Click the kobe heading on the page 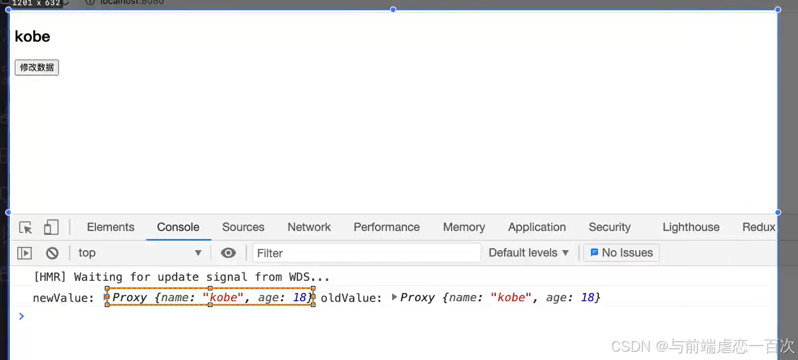pyautogui.click(x=33, y=37)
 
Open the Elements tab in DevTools pyautogui.click(x=110, y=227)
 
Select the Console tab pyautogui.click(x=178, y=227)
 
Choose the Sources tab pyautogui.click(x=243, y=227)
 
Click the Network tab pyautogui.click(x=309, y=227)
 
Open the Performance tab pyautogui.click(x=386, y=227)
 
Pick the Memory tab pyautogui.click(x=463, y=227)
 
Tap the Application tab pyautogui.click(x=537, y=227)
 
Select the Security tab pyautogui.click(x=609, y=227)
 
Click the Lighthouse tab pyautogui.click(x=691, y=227)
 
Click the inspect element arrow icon pyautogui.click(x=26, y=228)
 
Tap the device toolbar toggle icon pyautogui.click(x=51, y=228)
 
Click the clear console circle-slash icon pyautogui.click(x=52, y=253)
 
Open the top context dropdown pyautogui.click(x=139, y=253)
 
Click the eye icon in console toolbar pyautogui.click(x=228, y=253)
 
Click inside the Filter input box pyautogui.click(x=366, y=253)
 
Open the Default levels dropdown pyautogui.click(x=528, y=253)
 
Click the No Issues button pyautogui.click(x=621, y=253)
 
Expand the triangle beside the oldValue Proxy pyautogui.click(x=395, y=297)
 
